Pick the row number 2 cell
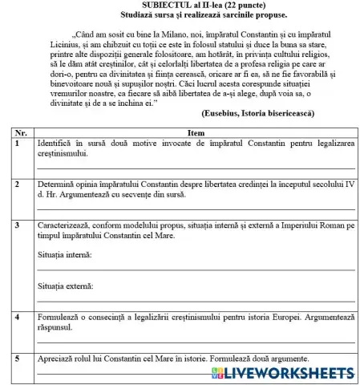(18, 184)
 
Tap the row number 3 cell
(18, 226)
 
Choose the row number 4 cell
(18, 318)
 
